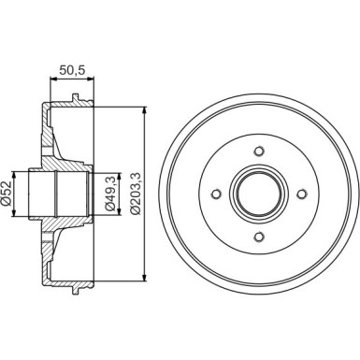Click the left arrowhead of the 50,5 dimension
click(48, 80)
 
